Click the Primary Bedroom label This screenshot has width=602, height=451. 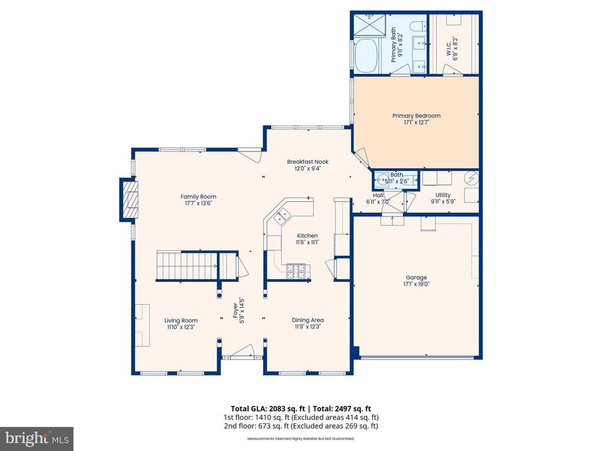[416, 116]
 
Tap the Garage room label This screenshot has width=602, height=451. [416, 278]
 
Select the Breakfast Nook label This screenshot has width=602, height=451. [307, 162]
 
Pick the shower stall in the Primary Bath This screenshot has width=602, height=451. [369, 25]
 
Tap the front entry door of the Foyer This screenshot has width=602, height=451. [242, 352]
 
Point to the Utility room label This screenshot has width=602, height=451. [443, 195]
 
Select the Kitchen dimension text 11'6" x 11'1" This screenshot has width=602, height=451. [307, 242]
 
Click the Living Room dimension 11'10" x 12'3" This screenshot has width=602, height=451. [181, 327]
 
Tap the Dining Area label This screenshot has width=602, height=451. [307, 320]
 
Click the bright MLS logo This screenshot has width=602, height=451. [37, 438]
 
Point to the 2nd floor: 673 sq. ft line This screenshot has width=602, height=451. [300, 426]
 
